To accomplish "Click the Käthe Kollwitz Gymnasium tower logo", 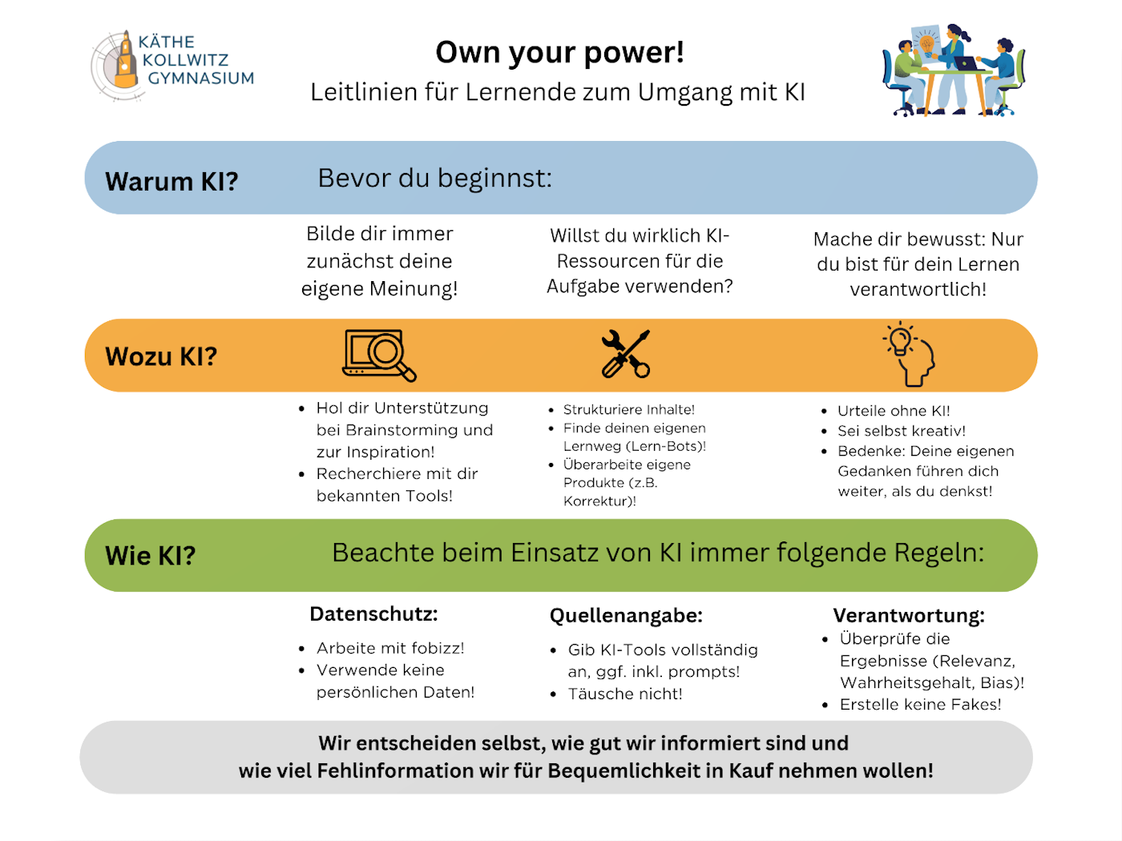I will (x=123, y=62).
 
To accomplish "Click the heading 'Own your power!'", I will (x=559, y=53).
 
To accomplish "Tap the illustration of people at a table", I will (x=953, y=70).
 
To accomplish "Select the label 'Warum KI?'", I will (x=172, y=182).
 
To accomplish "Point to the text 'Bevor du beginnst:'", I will (x=434, y=178).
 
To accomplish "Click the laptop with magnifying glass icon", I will (x=379, y=355).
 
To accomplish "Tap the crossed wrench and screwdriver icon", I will (x=626, y=354).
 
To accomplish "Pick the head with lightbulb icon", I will (x=910, y=354).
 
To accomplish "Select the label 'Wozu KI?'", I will (x=161, y=356).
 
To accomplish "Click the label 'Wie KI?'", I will (x=150, y=556).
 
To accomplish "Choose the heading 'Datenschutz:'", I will (x=373, y=614).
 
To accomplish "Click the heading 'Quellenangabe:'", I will (x=625, y=616).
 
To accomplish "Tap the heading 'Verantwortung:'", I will (x=909, y=616).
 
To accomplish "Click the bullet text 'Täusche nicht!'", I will (x=625, y=694).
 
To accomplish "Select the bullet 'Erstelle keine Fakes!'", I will (x=920, y=705).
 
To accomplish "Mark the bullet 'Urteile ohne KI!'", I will (x=894, y=411).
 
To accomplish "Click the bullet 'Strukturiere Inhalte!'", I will (x=628, y=410).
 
